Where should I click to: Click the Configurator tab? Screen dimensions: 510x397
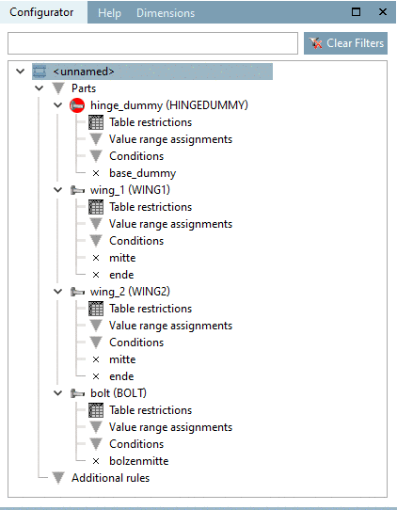click(x=42, y=13)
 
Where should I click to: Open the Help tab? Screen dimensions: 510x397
click(x=110, y=13)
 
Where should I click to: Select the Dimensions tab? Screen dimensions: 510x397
click(x=165, y=13)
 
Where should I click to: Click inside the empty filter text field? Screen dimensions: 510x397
click(x=152, y=43)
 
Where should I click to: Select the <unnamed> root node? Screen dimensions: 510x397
click(x=85, y=72)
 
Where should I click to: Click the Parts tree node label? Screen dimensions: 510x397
click(x=84, y=88)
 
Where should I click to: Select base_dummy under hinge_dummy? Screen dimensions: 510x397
click(x=142, y=173)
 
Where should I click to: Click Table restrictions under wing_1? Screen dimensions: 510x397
click(x=151, y=207)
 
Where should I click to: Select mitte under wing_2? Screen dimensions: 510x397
click(x=122, y=359)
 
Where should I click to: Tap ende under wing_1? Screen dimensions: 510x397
click(x=121, y=275)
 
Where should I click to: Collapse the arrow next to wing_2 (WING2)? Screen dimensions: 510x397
click(x=58, y=292)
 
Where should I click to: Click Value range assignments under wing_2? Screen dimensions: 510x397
click(x=170, y=326)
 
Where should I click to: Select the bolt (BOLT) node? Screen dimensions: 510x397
click(x=118, y=393)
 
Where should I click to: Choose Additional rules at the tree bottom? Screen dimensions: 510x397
click(x=110, y=478)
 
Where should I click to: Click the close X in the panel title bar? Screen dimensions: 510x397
click(x=382, y=13)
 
